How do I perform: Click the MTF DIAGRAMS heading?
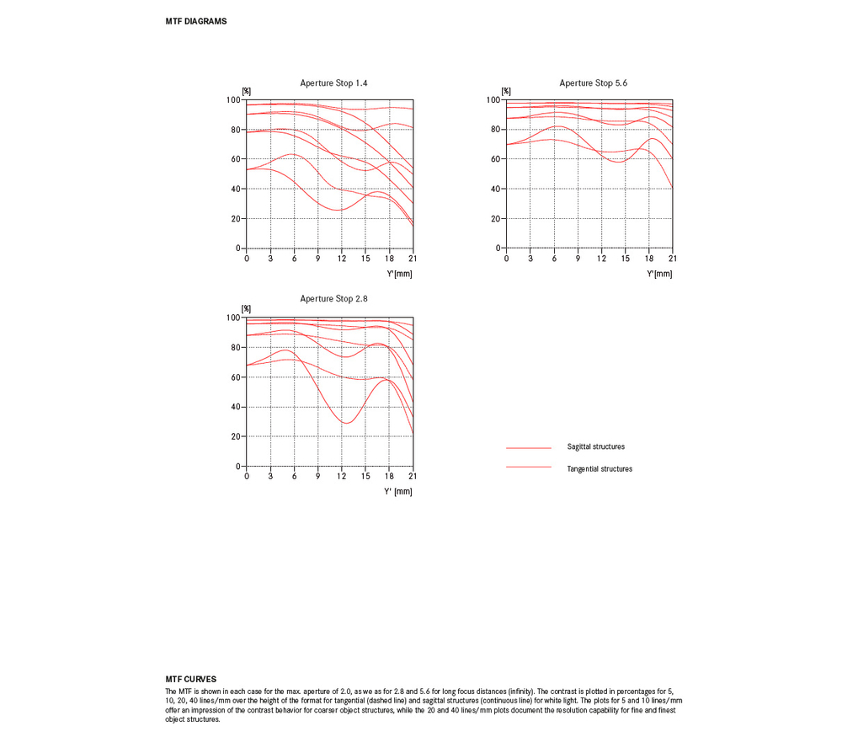click(x=196, y=22)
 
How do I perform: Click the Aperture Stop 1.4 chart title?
click(x=333, y=83)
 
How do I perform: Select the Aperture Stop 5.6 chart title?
click(x=593, y=83)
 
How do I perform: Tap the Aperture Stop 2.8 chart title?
click(x=333, y=299)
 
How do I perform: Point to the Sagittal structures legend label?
click(x=595, y=447)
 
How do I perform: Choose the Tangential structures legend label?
click(x=600, y=469)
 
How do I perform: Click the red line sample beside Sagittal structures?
click(x=529, y=447)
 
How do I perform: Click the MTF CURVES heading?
click(x=190, y=679)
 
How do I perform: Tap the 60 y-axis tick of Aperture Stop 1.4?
click(x=236, y=159)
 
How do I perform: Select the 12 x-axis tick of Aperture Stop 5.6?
click(x=601, y=259)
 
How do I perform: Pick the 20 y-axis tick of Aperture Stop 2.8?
click(x=236, y=436)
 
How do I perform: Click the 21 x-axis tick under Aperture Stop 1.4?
click(x=413, y=259)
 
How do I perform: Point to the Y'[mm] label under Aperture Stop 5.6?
click(x=659, y=274)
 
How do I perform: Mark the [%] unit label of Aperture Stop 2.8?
click(x=246, y=309)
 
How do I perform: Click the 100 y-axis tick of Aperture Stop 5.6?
click(x=493, y=100)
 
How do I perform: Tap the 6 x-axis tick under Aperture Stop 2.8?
click(x=294, y=476)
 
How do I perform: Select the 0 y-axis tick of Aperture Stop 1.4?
click(x=238, y=248)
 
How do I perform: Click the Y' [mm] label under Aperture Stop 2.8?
click(x=398, y=492)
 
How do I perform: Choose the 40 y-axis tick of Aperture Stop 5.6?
click(x=495, y=189)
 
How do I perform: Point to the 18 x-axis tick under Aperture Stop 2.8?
click(x=389, y=476)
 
